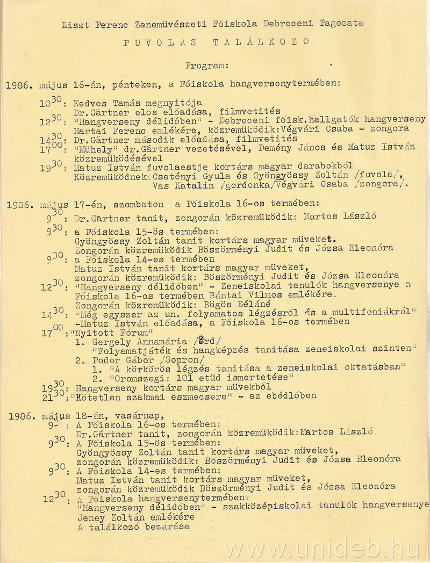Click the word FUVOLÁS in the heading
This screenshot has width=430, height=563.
click(x=156, y=41)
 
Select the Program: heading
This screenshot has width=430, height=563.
click(x=207, y=66)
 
